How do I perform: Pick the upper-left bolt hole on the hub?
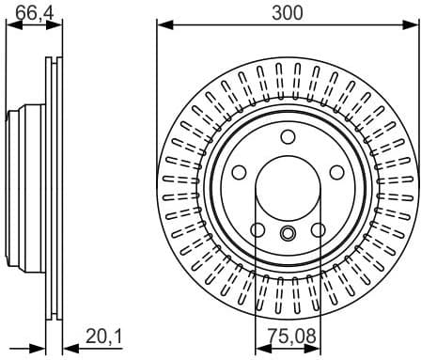pos(239,173)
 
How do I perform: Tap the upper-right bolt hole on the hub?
pos(335,173)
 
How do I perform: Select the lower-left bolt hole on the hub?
pos(257,229)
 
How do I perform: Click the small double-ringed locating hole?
pos(288,235)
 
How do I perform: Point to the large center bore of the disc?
pos(287,192)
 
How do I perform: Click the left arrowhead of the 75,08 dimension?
pos(259,346)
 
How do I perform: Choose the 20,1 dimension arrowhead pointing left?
pos(68,346)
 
